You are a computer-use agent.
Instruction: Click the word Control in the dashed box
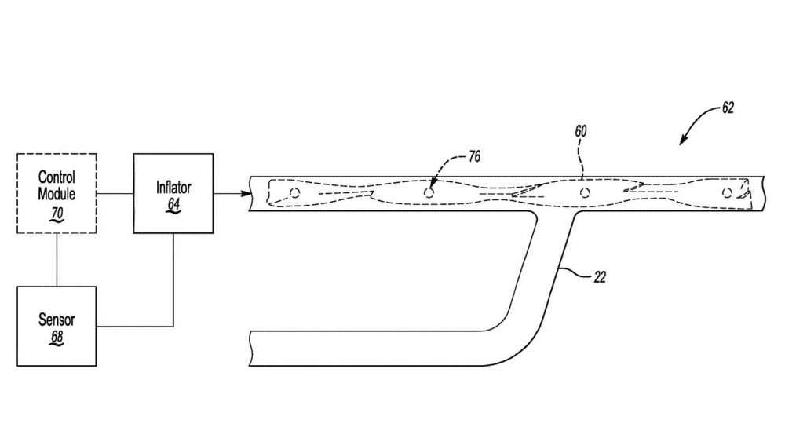pos(57,177)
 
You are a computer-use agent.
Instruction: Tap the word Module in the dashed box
pos(57,194)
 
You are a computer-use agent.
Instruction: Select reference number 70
pos(57,214)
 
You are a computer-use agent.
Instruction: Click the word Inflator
pos(173,188)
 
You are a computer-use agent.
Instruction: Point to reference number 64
pos(173,204)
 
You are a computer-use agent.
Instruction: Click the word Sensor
pos(57,320)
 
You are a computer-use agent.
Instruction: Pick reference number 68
pos(57,337)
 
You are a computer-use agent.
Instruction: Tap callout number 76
pos(474,157)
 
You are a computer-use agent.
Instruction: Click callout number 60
pos(580,131)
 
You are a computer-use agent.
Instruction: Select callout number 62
pos(728,108)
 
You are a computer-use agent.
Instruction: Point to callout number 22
pos(600,277)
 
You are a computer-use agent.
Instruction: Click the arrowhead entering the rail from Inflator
pos(246,194)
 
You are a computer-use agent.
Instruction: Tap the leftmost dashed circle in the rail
pos(295,192)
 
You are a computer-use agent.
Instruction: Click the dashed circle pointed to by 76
pos(429,192)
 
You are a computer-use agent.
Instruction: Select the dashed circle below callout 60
pos(585,192)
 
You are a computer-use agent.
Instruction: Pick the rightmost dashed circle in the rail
pos(727,192)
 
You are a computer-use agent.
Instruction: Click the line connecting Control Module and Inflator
pos(115,193)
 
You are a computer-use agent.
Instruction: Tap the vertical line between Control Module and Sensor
pos(57,260)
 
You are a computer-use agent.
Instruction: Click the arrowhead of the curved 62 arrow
pos(682,141)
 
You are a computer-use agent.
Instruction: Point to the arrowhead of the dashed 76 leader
pos(432,184)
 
